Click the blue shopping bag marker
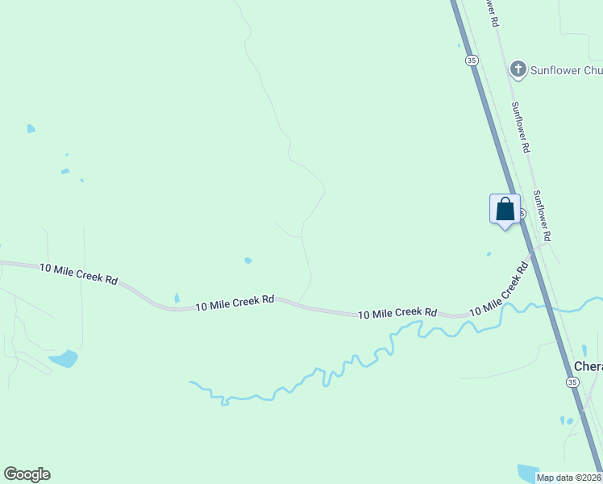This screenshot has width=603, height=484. (x=505, y=209)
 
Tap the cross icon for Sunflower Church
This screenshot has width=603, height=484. (x=518, y=69)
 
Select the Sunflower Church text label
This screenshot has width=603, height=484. (x=565, y=70)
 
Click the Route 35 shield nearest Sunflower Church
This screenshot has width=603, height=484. (x=472, y=60)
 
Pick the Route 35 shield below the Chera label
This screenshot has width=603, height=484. (x=572, y=382)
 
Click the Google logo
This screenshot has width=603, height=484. (x=27, y=474)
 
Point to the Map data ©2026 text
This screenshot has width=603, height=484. (x=569, y=478)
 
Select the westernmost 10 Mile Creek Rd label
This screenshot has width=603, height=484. (x=79, y=273)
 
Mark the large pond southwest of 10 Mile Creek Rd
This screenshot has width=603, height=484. (x=63, y=358)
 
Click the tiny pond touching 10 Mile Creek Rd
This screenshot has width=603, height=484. (x=177, y=298)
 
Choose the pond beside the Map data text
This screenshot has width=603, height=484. (x=528, y=472)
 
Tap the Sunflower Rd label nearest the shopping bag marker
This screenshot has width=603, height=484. (x=543, y=215)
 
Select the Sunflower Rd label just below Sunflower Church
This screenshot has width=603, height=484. (x=521, y=127)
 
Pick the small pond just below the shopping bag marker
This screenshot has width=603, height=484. (x=489, y=254)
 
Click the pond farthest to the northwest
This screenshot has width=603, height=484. (x=31, y=128)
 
